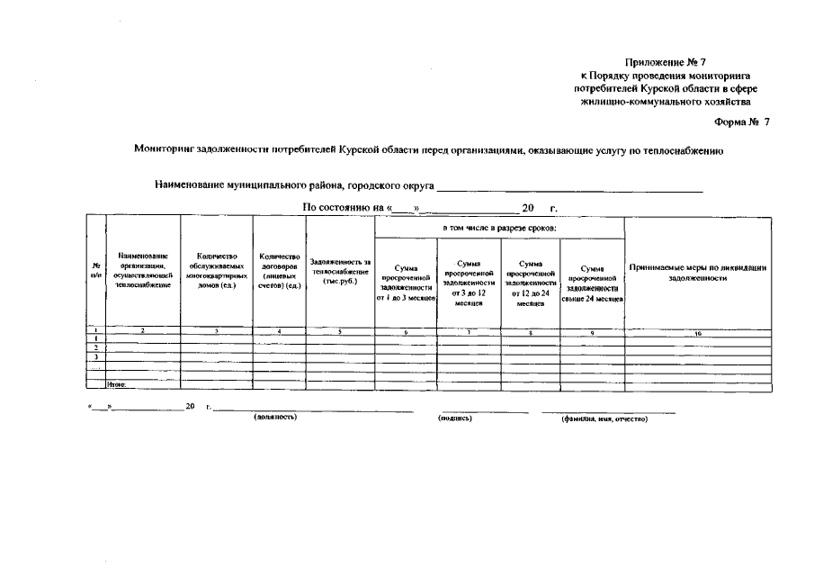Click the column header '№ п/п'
[x=96, y=271]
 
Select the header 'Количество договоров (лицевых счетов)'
[x=280, y=271]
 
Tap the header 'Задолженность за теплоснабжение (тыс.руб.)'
[x=340, y=271]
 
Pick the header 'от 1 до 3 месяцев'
[x=406, y=283]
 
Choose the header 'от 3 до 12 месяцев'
[x=469, y=283]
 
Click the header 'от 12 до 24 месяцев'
[x=531, y=283]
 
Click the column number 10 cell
[x=698, y=332]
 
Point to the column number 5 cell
[x=340, y=332]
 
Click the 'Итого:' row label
[x=117, y=384]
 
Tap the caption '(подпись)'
[x=454, y=418]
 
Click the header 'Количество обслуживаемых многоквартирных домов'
[x=217, y=271]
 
